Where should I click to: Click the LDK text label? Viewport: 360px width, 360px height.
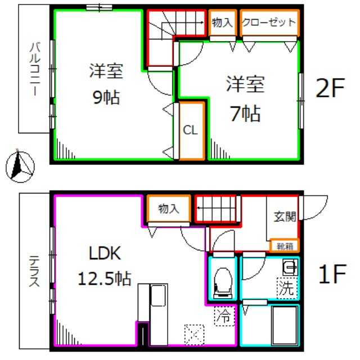coord(105,254)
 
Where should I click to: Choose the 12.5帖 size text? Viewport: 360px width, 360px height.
coord(105,277)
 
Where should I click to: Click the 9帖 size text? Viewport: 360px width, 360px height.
coord(106,97)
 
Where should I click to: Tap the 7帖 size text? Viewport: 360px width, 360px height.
coord(245,114)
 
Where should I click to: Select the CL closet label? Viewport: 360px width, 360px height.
coord(190,130)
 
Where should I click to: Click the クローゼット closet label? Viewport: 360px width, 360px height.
coord(268,23)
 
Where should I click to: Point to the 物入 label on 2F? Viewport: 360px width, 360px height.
coord(222,23)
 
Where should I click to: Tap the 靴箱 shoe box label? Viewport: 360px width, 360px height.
coord(284,245)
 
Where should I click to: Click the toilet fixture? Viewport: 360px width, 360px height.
coord(224,281)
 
